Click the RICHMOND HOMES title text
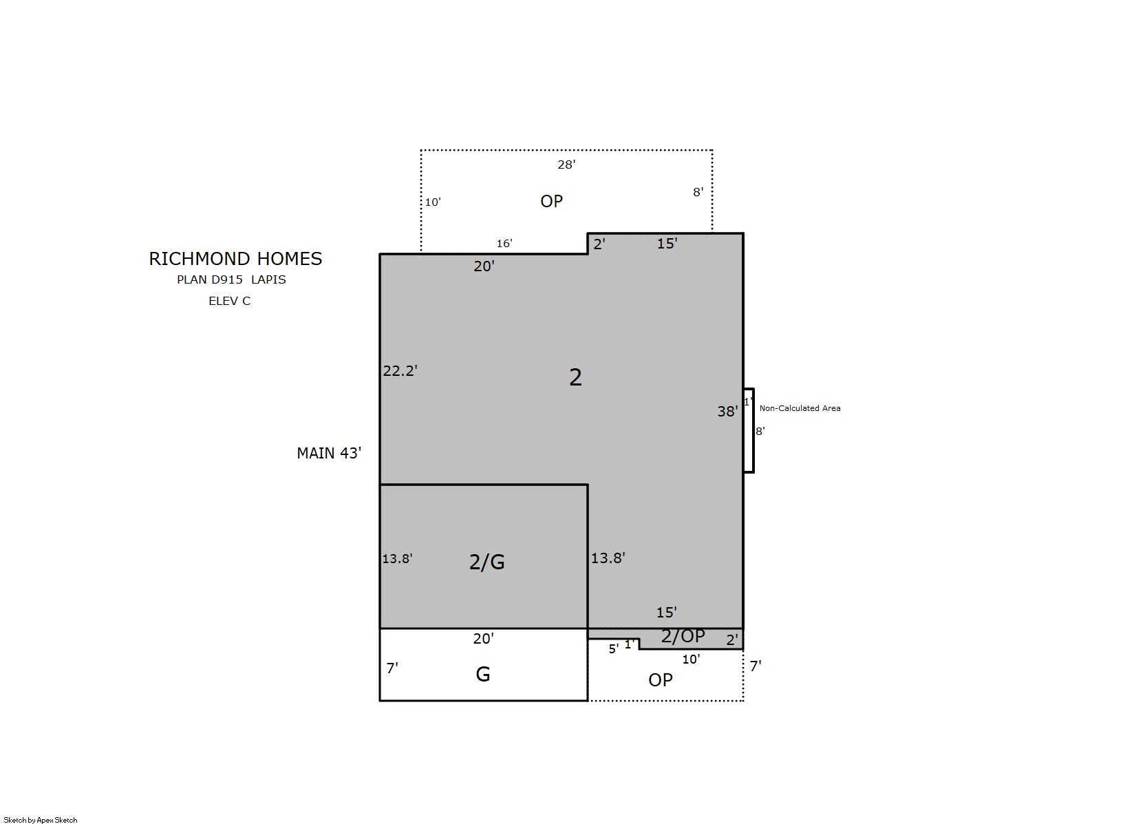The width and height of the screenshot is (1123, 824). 235,259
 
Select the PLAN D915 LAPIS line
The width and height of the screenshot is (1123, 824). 231,280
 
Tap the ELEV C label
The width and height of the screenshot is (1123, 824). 230,301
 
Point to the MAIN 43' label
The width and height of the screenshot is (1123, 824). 329,454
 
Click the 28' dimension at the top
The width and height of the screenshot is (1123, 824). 566,165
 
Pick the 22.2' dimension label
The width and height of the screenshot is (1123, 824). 400,370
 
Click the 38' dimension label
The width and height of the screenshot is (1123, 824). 727,411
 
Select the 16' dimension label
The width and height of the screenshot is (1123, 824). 504,243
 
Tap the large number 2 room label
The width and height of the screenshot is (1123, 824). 575,377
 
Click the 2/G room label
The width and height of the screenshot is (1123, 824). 486,562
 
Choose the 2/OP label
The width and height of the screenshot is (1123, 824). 683,636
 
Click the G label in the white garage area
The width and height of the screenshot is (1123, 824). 483,674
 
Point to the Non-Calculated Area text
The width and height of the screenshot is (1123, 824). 800,408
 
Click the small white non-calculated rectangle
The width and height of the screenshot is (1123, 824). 749,430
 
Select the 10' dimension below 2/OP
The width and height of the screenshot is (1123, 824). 691,659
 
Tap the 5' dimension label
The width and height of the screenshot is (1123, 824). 614,649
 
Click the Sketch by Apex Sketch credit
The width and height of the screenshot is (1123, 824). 41,820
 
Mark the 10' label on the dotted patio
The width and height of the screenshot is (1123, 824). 433,202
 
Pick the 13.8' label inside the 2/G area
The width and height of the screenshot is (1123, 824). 397,559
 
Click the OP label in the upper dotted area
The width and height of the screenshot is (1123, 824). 551,201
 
